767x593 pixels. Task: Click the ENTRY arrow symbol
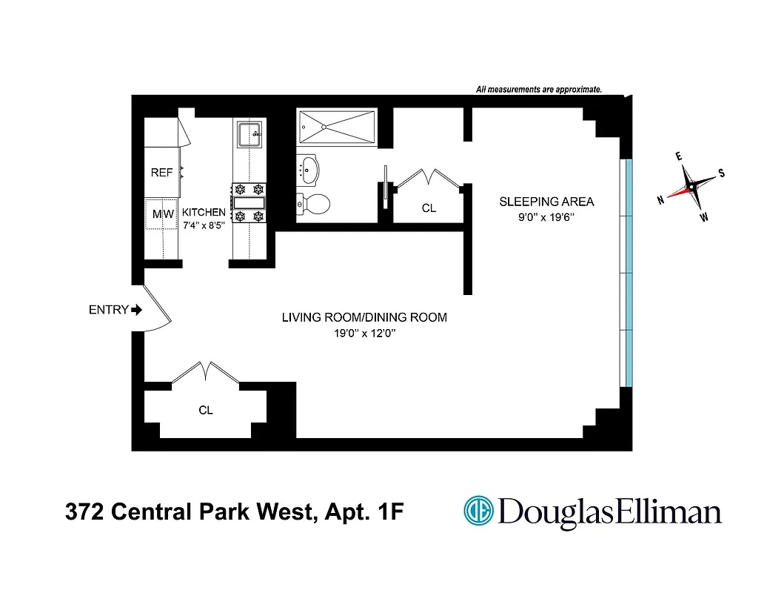coord(136,310)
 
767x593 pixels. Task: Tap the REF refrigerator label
coord(161,173)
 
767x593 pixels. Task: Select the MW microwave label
coord(162,214)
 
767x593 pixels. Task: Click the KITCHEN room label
coord(204,212)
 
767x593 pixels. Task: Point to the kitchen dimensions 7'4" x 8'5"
coord(204,225)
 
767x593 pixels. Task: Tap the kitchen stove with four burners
coord(249,202)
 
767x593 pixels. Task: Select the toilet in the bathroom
coord(310,202)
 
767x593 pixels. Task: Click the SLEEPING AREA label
coord(546,202)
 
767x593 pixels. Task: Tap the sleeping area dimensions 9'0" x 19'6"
coord(546,218)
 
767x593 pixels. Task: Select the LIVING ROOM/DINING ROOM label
coord(364,317)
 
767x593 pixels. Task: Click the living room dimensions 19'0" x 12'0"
coord(364,334)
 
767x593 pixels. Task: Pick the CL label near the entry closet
coord(206,410)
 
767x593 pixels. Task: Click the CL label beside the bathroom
coord(429,208)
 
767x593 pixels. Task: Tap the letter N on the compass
coord(660,201)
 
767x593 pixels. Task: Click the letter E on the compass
coord(678,157)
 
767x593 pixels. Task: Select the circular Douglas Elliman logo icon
coord(478,511)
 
